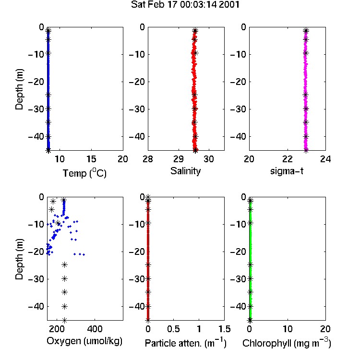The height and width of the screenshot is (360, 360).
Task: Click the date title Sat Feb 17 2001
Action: [185, 5]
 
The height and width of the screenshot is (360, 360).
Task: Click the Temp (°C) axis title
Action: [84, 173]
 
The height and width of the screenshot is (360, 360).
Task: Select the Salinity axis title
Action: [185, 171]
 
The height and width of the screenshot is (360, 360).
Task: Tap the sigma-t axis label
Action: [287, 171]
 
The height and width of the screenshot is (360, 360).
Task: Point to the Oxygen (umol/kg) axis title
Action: [84, 341]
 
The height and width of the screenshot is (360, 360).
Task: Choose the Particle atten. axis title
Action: [185, 343]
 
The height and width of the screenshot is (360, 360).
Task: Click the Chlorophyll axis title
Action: [287, 343]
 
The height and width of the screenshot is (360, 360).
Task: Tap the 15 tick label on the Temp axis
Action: [91, 159]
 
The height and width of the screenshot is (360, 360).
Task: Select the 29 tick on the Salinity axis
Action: [179, 159]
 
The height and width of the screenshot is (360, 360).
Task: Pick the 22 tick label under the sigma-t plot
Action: [287, 159]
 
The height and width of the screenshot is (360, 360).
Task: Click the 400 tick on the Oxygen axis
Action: [95, 329]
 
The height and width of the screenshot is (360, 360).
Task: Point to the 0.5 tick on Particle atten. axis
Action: [173, 329]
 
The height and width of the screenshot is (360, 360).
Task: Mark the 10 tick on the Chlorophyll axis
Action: [288, 329]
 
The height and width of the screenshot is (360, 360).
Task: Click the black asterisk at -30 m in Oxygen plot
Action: [64, 279]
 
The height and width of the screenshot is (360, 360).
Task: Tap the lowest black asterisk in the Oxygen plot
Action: [64, 320]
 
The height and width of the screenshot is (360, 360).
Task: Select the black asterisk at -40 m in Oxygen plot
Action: [64, 306]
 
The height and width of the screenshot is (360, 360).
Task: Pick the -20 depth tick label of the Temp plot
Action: [36, 82]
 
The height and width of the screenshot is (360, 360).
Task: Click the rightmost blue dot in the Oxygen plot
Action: [84, 254]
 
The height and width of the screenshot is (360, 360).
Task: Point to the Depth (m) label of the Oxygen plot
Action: [19, 259]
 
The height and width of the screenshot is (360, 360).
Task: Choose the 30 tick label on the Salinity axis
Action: [209, 159]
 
